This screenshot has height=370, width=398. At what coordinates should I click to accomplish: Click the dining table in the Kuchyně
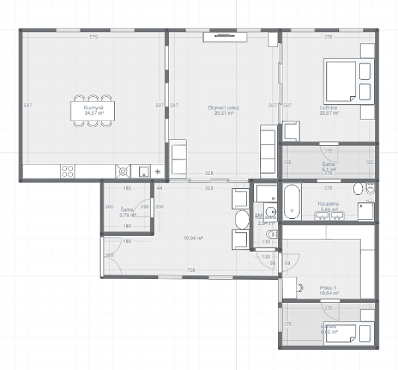point(92,109)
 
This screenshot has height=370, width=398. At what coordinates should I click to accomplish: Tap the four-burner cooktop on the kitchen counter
point(68,171)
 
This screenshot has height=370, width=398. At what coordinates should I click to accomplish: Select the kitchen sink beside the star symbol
point(143,171)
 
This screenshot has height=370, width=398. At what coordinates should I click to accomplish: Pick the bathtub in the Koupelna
point(293,201)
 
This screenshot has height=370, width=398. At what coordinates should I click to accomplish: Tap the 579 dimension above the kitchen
point(94,37)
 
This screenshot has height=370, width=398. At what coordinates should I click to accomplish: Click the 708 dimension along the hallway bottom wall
point(191,270)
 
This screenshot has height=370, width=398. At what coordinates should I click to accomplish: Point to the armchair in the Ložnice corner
point(367,51)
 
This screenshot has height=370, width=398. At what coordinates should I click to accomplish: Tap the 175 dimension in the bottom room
point(288,324)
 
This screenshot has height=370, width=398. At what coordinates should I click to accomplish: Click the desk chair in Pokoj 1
point(300,288)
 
